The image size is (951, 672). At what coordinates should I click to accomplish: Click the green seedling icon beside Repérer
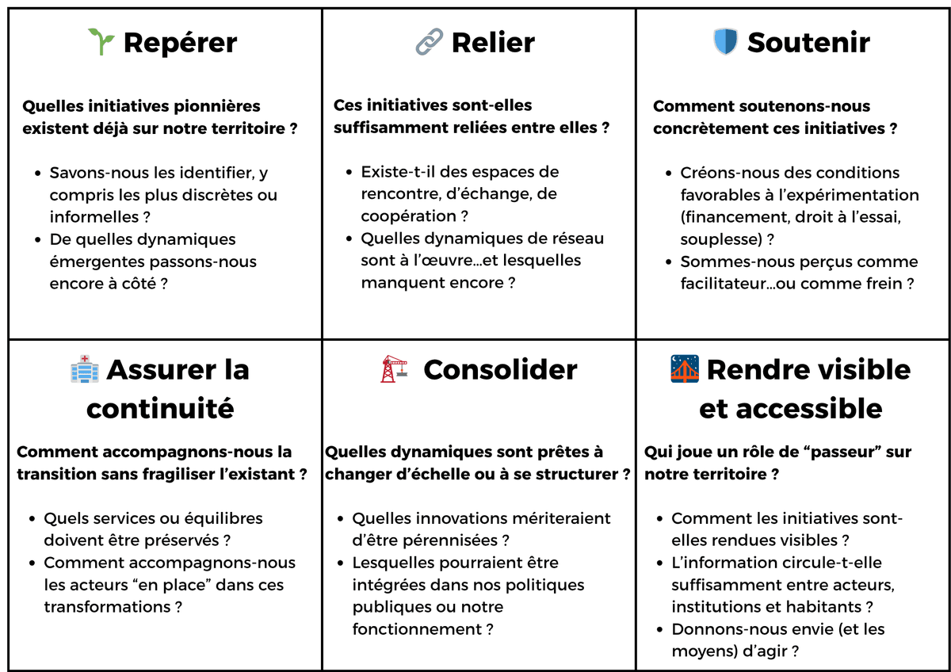(x=101, y=41)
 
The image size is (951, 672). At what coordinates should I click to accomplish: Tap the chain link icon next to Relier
(x=429, y=41)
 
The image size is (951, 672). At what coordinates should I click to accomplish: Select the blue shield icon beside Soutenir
(x=726, y=41)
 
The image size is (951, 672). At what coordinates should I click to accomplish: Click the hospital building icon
(x=85, y=369)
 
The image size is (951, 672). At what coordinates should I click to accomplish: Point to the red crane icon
(x=394, y=369)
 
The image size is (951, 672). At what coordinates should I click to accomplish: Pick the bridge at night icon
(x=685, y=368)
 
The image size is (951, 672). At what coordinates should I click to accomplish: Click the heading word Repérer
(x=181, y=43)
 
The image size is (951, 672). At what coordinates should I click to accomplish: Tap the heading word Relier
(x=493, y=43)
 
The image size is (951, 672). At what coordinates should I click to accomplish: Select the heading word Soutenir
(x=809, y=43)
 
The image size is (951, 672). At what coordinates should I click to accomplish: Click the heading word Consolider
(x=501, y=369)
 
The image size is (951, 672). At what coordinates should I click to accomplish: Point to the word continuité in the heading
(x=160, y=408)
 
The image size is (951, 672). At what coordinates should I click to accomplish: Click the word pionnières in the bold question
(x=217, y=106)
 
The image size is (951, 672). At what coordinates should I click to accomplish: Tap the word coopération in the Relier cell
(x=408, y=216)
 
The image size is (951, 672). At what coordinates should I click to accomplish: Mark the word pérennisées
(x=450, y=540)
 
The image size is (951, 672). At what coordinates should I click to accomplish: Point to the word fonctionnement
(x=417, y=629)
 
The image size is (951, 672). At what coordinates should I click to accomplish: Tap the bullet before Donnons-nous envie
(x=659, y=629)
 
